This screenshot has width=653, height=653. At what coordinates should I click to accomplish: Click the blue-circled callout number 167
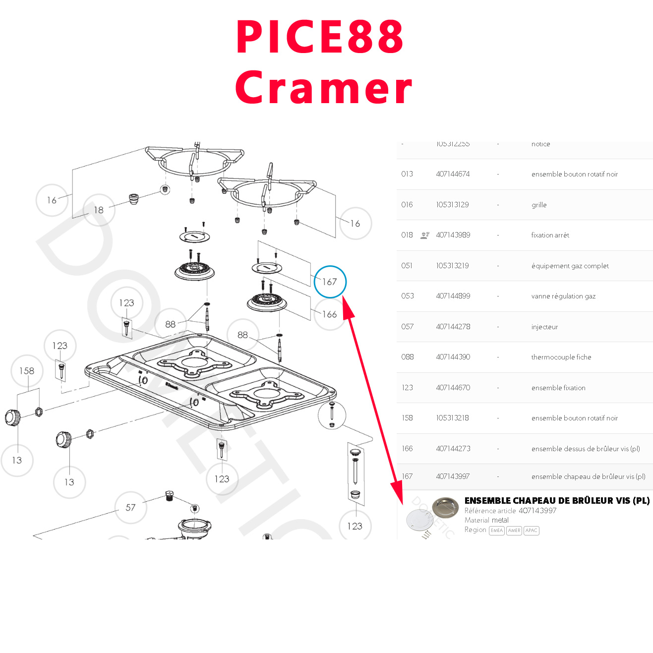click(330, 282)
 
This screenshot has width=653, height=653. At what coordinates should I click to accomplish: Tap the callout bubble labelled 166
click(330, 314)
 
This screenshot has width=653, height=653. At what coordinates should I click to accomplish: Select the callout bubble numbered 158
click(27, 371)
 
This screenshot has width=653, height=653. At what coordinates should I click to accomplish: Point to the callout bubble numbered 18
click(99, 210)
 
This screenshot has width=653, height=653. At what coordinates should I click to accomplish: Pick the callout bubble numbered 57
click(130, 507)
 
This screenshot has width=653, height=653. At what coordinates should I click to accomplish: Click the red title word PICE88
click(320, 37)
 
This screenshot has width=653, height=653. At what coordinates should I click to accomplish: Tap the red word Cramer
click(323, 88)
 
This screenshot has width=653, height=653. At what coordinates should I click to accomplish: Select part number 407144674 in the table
click(453, 174)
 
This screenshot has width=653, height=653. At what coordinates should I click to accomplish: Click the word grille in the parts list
click(539, 205)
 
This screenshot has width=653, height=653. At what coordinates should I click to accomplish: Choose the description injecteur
click(544, 327)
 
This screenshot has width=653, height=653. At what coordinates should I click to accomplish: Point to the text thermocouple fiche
click(561, 357)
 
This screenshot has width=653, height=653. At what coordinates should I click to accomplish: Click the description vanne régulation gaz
click(563, 296)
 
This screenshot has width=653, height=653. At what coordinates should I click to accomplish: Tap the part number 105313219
click(452, 266)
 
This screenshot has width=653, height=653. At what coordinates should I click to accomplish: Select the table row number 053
click(408, 296)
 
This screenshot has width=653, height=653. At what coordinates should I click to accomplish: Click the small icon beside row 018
click(425, 235)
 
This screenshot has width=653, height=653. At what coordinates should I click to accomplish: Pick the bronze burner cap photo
click(445, 507)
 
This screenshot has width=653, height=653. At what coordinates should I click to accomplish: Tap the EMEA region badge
click(496, 531)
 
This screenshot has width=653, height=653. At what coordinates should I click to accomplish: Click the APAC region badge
click(531, 531)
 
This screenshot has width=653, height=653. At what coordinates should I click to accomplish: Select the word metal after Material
click(500, 520)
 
